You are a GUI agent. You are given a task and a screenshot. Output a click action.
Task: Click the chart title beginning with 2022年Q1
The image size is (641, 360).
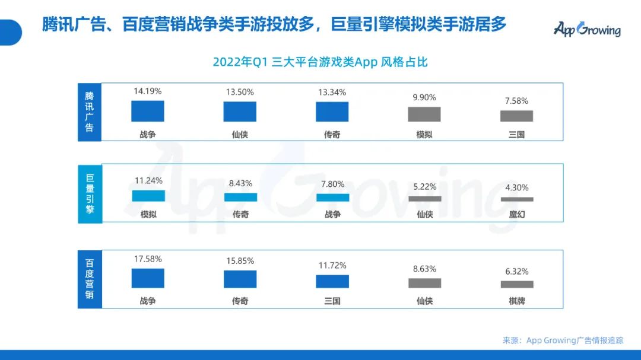[320, 62]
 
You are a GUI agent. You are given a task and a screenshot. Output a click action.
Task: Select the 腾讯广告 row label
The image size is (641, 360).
[90, 111]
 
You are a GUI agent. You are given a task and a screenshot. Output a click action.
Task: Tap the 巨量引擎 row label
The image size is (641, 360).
[90, 193]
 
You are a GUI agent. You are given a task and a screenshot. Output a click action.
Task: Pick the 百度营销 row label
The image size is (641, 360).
[90, 279]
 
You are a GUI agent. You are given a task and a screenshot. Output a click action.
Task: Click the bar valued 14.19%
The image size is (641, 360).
[148, 111]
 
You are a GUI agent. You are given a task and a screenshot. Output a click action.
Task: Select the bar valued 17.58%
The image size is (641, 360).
[148, 278]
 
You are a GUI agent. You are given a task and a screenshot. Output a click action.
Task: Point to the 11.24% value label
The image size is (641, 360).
[148, 181]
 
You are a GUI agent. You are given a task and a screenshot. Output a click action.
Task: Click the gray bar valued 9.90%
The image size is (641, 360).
[424, 114]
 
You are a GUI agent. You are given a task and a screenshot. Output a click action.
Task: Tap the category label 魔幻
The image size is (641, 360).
[516, 214]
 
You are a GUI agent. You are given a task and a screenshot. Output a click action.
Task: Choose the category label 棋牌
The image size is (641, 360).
[516, 301]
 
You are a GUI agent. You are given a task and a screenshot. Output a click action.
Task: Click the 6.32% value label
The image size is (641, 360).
[516, 271]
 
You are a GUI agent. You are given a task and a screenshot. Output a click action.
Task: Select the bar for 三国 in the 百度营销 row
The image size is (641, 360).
[332, 281]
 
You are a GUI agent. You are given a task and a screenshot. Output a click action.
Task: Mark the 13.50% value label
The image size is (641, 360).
[240, 92]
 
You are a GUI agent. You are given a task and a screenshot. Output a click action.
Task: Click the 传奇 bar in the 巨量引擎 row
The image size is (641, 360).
[240, 197]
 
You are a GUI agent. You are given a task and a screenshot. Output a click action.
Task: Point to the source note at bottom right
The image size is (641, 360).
[563, 340]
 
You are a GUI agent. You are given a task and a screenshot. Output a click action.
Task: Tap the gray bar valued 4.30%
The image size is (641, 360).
[516, 199]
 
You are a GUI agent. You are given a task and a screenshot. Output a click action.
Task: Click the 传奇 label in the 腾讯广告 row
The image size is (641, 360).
[332, 135]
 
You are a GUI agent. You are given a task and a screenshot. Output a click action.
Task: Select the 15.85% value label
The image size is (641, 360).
[240, 261]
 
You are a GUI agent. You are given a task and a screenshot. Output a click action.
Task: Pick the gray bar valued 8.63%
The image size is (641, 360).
[424, 283]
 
